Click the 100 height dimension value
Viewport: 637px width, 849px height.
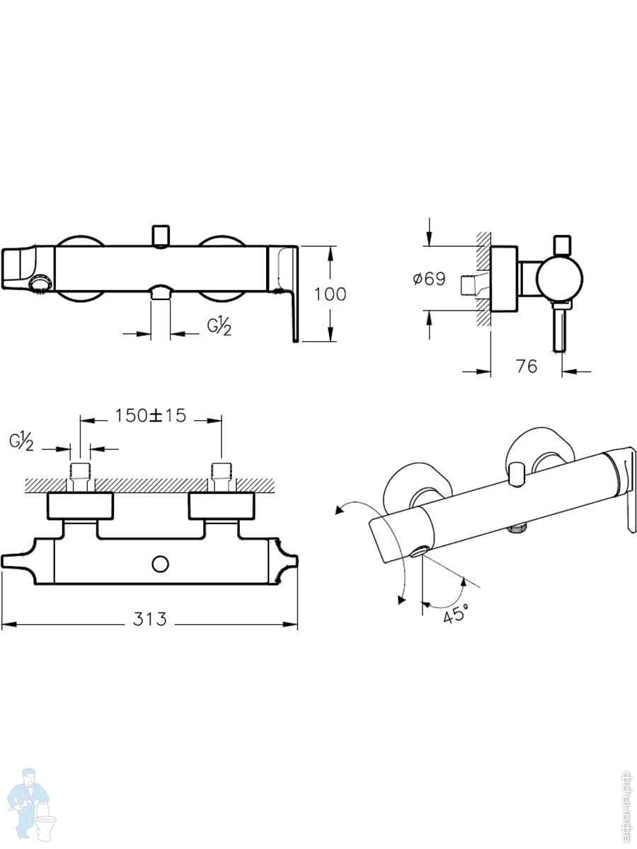331,294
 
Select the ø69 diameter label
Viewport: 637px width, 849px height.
429,279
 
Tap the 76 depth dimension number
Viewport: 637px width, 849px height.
526,366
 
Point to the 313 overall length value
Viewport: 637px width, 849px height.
150,618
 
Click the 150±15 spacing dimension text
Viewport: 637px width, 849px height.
150,415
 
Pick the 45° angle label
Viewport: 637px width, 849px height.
456,615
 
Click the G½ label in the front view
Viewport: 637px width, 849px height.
219,327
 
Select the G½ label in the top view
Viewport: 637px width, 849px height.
22,441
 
